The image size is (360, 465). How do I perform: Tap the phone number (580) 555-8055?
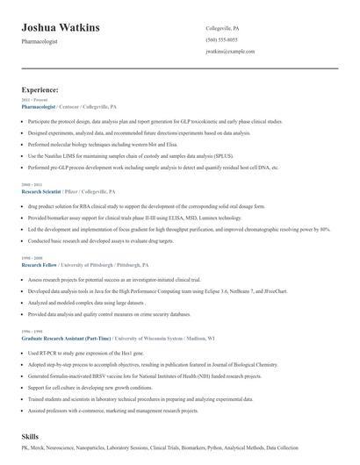(x=220, y=40)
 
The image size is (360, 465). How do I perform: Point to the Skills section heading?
(x=31, y=435)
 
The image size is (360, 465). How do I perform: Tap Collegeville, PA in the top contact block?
(x=223, y=28)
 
